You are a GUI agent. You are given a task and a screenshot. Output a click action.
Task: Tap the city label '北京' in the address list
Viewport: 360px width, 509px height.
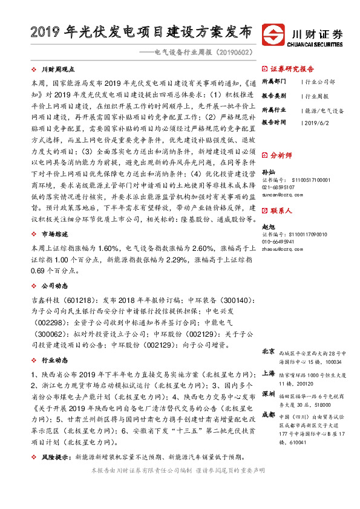point(268,351)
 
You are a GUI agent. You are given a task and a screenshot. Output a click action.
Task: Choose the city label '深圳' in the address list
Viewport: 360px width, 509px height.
point(268,394)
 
